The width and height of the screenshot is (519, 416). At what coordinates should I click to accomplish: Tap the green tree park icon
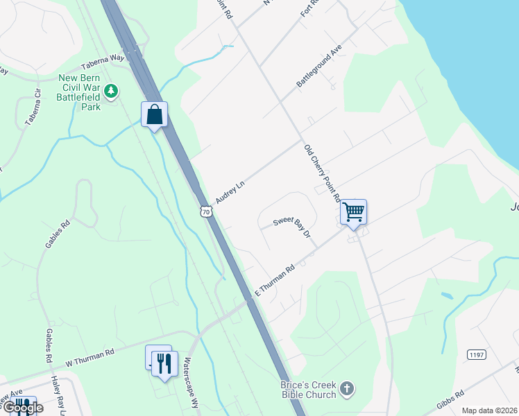click(x=110, y=91)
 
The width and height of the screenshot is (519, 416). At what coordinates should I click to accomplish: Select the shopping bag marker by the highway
click(x=155, y=114)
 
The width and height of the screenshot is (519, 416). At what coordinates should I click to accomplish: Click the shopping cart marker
click(x=354, y=211)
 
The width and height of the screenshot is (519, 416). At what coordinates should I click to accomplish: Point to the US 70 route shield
click(x=204, y=210)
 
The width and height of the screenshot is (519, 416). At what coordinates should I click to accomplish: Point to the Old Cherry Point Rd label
click(x=322, y=173)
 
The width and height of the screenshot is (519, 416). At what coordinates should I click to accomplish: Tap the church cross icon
click(x=348, y=390)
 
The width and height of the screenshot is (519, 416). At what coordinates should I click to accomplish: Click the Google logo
click(x=22, y=407)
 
